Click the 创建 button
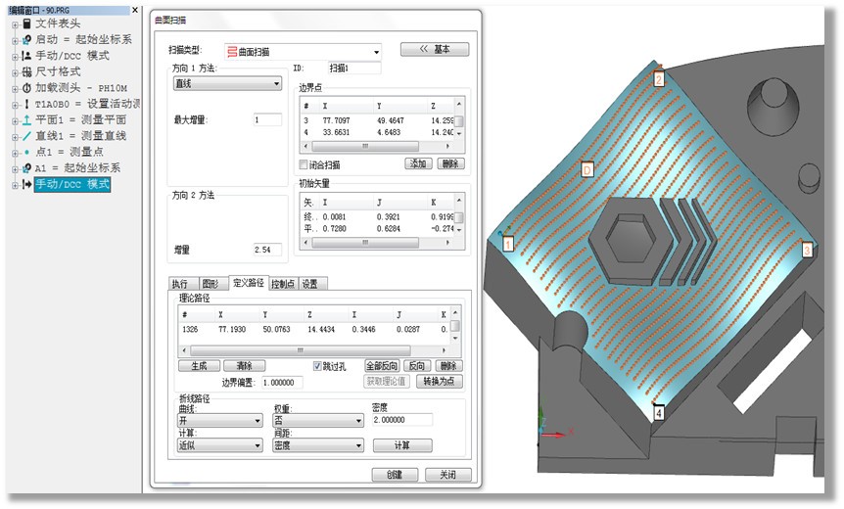pyautogui.click(x=395, y=475)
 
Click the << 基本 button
pyautogui.click(x=434, y=49)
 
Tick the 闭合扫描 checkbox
pyautogui.click(x=304, y=164)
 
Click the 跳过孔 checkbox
pyautogui.click(x=317, y=365)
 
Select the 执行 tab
pyautogui.click(x=180, y=284)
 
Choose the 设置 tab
pyautogui.click(x=309, y=284)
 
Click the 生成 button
pyautogui.click(x=199, y=365)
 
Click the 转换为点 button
pyautogui.click(x=439, y=381)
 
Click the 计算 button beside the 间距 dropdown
pyautogui.click(x=401, y=445)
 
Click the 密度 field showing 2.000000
pyautogui.click(x=401, y=420)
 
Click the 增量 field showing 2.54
pyautogui.click(x=266, y=250)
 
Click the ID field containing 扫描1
pyautogui.click(x=353, y=69)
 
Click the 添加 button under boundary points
pyautogui.click(x=418, y=164)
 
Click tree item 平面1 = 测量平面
pyautogui.click(x=79, y=119)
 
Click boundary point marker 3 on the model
pyautogui.click(x=807, y=250)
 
